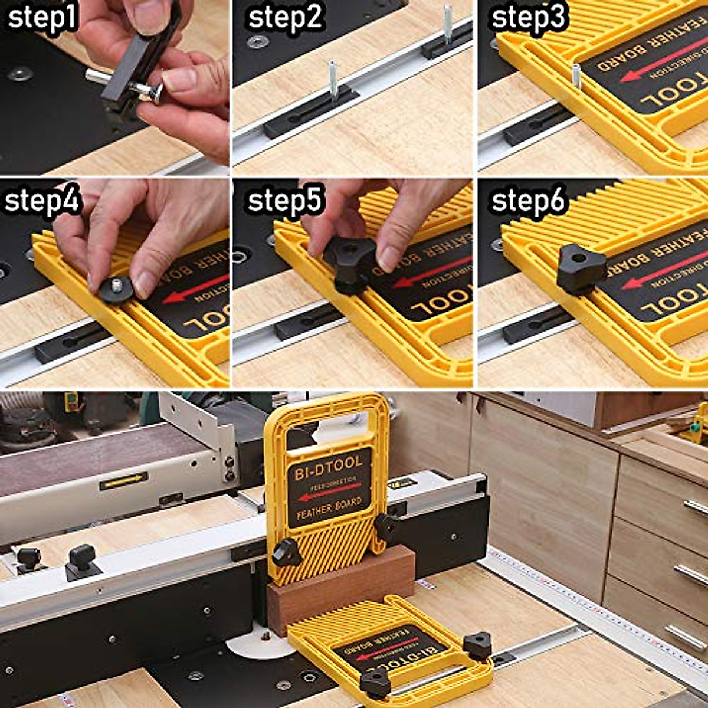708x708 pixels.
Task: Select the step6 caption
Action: point(528,202)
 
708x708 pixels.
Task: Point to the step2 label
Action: point(286,18)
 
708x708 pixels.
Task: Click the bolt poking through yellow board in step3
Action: point(576,77)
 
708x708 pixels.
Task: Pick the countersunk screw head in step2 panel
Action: point(257,42)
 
